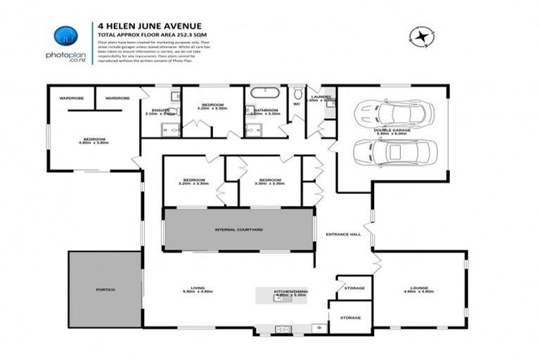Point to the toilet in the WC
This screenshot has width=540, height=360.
click(297, 94)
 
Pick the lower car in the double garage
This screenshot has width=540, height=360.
click(395, 150)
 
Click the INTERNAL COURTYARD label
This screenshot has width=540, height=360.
click(238, 229)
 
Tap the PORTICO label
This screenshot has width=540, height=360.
click(105, 290)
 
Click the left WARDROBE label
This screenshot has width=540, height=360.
click(71, 98)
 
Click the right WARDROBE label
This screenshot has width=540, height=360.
click(117, 98)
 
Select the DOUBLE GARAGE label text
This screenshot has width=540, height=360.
click(392, 129)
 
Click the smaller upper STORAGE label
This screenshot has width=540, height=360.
click(354, 288)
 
